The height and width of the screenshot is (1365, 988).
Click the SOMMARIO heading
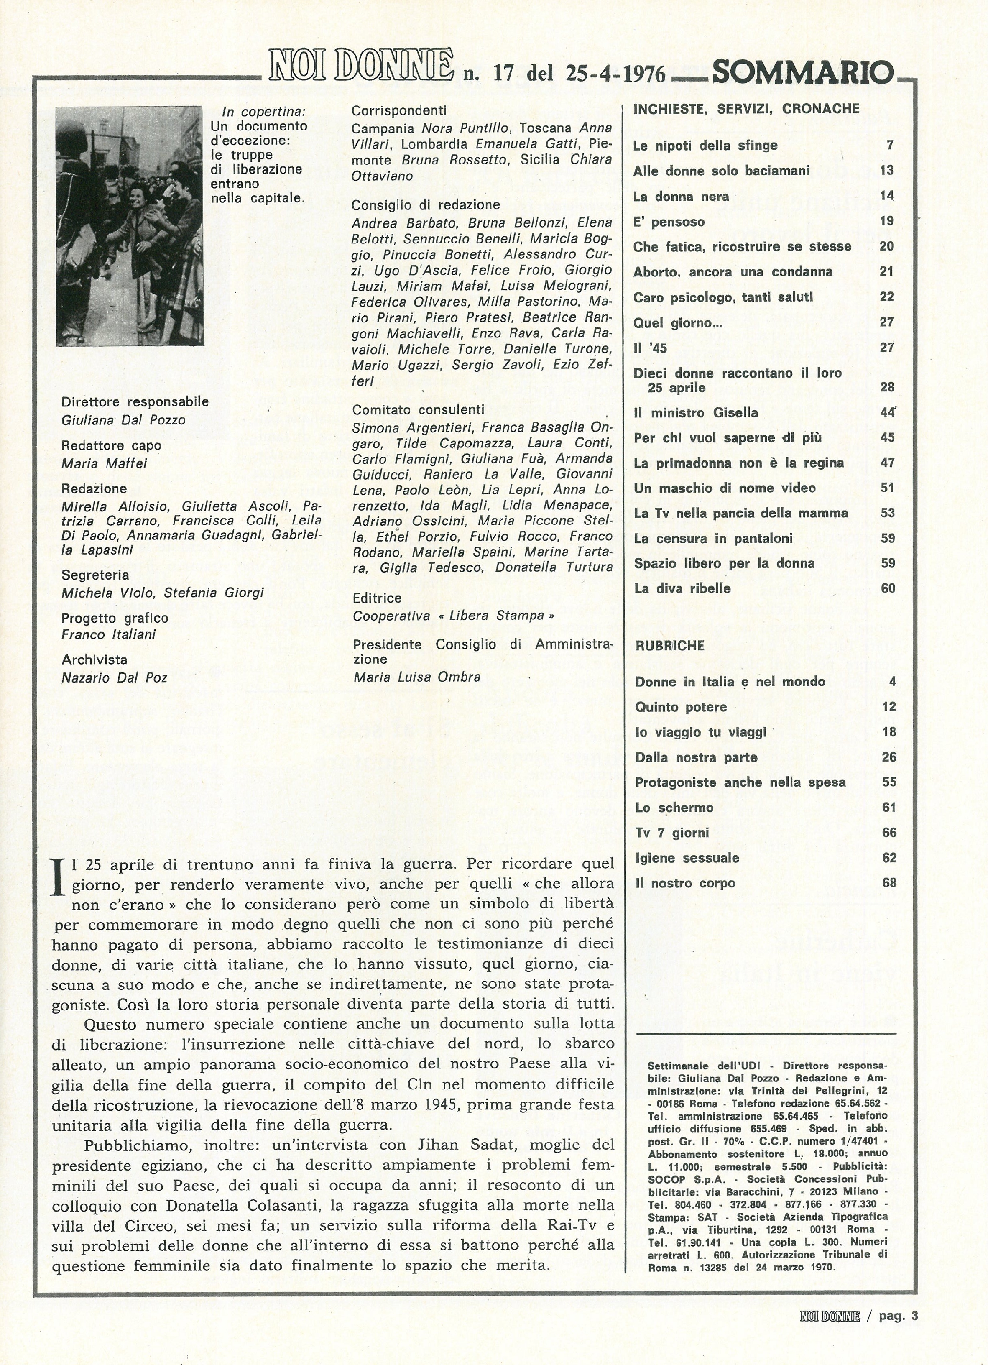pyautogui.click(x=802, y=73)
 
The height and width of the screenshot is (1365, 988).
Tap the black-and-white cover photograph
pyautogui.click(x=129, y=226)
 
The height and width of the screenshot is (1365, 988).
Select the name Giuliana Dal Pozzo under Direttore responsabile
pyautogui.click(x=123, y=420)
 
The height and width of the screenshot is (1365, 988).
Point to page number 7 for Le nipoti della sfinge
pyautogui.click(x=890, y=145)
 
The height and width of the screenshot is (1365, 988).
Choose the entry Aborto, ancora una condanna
pyautogui.click(x=733, y=272)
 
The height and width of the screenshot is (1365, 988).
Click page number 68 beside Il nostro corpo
pyautogui.click(x=889, y=883)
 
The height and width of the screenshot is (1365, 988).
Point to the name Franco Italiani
pyautogui.click(x=109, y=634)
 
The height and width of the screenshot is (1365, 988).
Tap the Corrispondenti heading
pyautogui.click(x=399, y=111)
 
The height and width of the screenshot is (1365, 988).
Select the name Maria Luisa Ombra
pyautogui.click(x=417, y=677)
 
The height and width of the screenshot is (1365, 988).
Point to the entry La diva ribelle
pyautogui.click(x=683, y=588)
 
